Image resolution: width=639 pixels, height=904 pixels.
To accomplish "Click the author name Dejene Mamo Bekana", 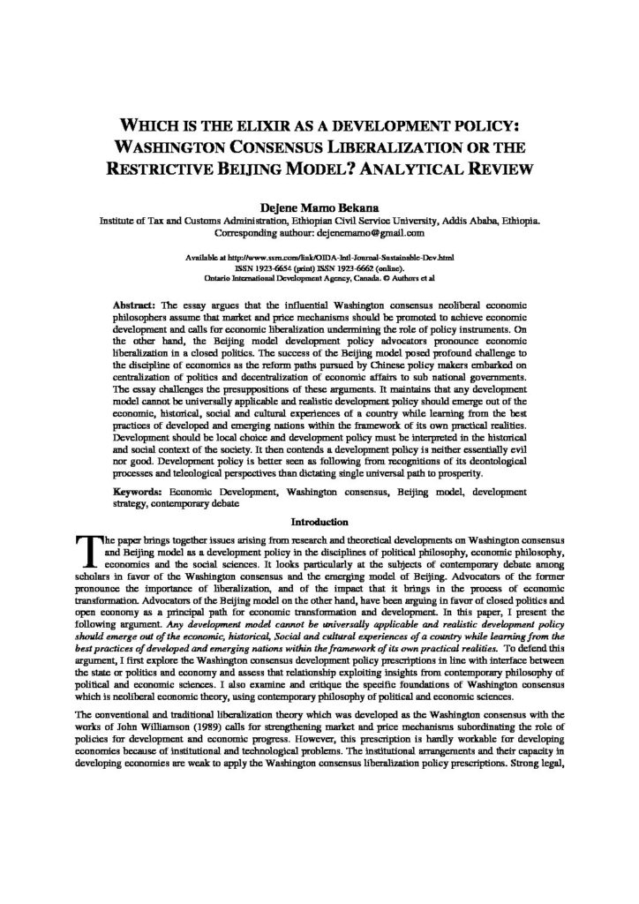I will click(x=319, y=207).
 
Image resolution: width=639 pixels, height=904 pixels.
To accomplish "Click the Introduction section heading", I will click(x=319, y=521).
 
